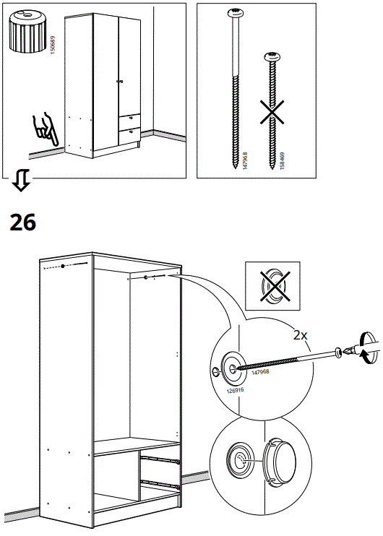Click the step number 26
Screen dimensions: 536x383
(x=23, y=222)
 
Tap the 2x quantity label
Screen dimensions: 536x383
(x=301, y=335)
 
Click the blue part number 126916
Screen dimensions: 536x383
(x=235, y=392)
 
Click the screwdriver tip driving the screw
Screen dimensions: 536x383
(x=348, y=352)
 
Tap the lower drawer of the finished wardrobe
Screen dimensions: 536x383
(x=129, y=132)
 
